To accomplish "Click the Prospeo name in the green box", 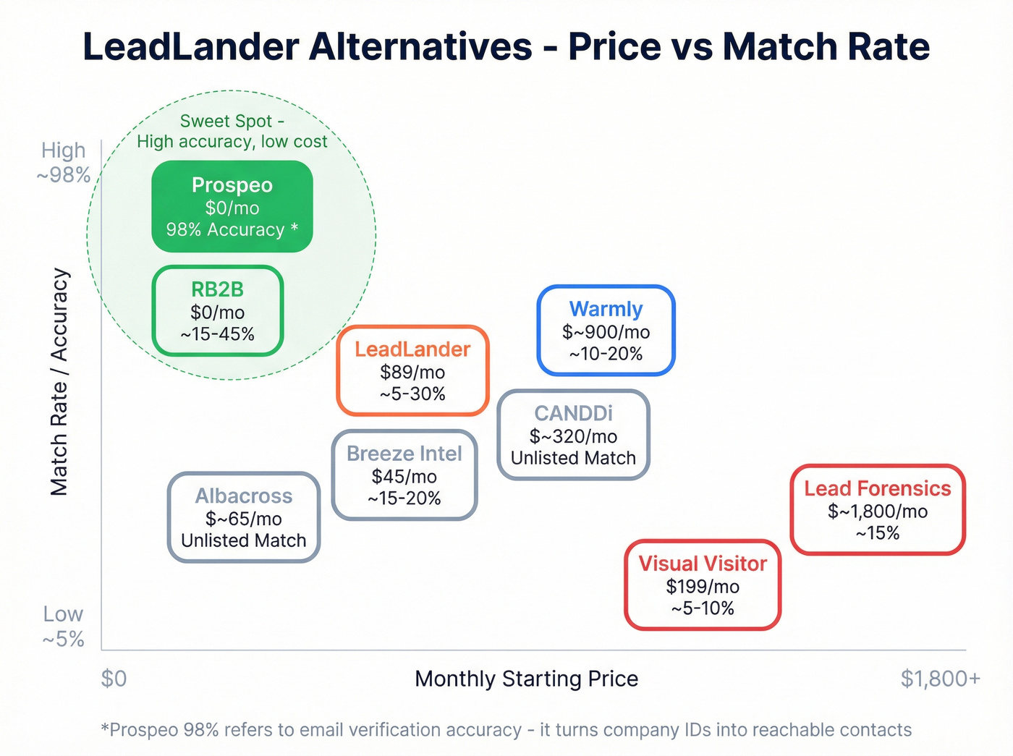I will click(x=232, y=185).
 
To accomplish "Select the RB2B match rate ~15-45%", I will click(x=217, y=334).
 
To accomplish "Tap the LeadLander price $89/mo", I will click(x=412, y=372).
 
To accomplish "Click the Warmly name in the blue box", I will click(x=606, y=309).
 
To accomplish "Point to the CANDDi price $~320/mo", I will click(x=573, y=436).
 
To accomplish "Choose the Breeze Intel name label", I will click(x=404, y=454).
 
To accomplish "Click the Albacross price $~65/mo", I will click(x=243, y=519).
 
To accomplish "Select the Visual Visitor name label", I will click(x=703, y=564).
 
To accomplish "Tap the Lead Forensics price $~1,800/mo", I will click(x=877, y=511).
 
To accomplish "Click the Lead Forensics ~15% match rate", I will click(x=877, y=533).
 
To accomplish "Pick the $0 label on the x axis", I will click(x=114, y=679).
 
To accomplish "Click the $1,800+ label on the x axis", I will click(x=940, y=679).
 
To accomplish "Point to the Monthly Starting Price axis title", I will click(x=526, y=679).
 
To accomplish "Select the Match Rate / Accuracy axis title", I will click(x=59, y=382).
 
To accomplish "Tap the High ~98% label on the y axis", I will click(x=64, y=163).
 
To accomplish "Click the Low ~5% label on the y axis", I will click(x=64, y=627).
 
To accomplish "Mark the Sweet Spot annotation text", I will click(x=232, y=131).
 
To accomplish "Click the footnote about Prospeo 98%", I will click(x=506, y=730).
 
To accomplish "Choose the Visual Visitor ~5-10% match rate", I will click(x=702, y=608).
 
